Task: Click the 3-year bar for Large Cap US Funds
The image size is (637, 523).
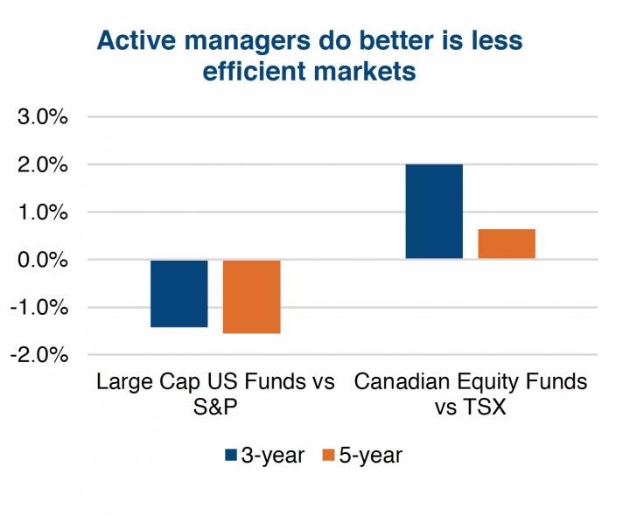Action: pos(179,293)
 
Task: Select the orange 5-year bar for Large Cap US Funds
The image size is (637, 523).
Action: pos(251,296)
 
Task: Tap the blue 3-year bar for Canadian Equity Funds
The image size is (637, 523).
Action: pos(434,212)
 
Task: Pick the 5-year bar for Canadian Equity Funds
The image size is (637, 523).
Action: pos(507,244)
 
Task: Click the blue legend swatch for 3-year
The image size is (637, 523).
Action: pos(231,454)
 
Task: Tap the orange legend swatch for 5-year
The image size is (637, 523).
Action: pos(328,454)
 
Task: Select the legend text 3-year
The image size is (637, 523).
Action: pos(274,454)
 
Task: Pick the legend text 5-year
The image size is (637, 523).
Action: pos(371,454)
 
